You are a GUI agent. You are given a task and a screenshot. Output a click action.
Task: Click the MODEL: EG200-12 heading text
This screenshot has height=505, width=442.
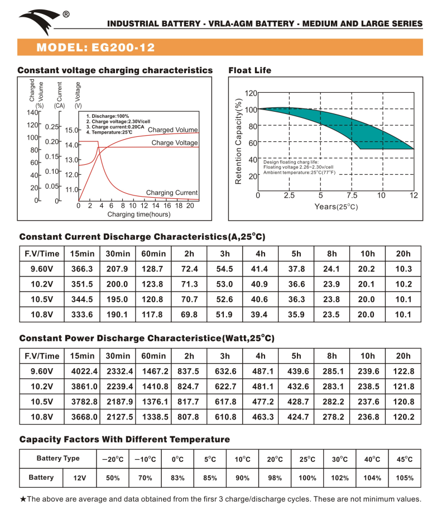coord(95,47)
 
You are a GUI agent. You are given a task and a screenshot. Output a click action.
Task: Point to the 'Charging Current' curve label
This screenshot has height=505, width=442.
coord(172,193)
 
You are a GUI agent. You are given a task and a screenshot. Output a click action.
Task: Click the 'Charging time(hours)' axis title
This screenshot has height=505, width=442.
coord(139,215)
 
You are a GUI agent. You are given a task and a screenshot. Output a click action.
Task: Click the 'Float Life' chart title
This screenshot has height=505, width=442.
coord(250,70)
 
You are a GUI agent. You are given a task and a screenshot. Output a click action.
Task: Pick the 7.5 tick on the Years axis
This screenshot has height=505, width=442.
coord(352,196)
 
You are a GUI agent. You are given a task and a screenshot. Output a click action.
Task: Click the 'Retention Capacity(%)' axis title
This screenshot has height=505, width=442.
coord(238,142)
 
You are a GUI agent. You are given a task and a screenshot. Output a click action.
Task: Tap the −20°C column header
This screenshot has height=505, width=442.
coord(112,460)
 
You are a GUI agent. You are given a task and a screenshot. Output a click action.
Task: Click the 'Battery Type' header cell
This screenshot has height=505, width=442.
coord(58,459)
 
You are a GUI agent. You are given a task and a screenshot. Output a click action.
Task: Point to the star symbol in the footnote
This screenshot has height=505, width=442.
coord(23,499)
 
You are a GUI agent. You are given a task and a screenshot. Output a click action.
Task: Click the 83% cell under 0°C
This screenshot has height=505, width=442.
coord(177,478)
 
